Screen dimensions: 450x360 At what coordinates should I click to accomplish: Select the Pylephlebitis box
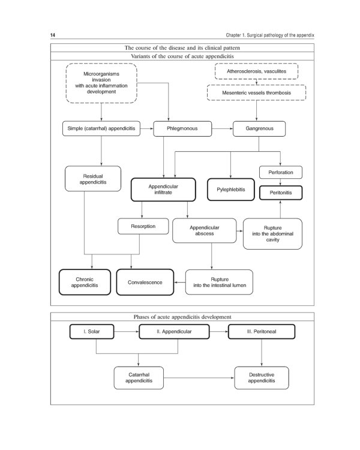tap(231, 189)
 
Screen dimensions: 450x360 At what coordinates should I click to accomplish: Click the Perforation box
tap(280, 172)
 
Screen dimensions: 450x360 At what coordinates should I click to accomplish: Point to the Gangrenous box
tap(260, 128)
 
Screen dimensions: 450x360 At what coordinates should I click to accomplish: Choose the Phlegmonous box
tap(183, 128)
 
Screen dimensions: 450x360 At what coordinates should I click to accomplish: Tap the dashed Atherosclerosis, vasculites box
tap(260, 71)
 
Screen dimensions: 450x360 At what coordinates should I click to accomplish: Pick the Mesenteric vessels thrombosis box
tap(257, 93)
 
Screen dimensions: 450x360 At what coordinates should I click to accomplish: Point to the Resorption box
tap(141, 226)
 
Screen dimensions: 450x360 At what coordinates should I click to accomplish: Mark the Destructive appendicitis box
tap(262, 378)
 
